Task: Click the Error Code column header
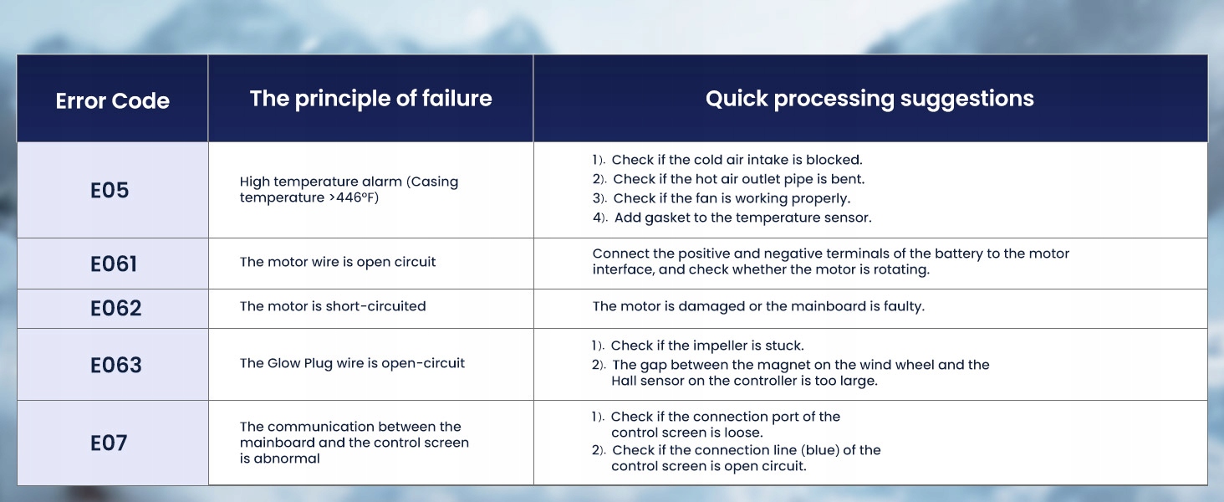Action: (113, 100)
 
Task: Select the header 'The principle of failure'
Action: (371, 99)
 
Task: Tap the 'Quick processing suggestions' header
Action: (870, 99)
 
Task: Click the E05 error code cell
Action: (110, 190)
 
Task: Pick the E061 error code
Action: (113, 264)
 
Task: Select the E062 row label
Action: (116, 309)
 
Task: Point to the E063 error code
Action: (116, 366)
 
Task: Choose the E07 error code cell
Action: (109, 443)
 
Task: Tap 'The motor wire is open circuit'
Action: (338, 262)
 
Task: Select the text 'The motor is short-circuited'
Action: (333, 306)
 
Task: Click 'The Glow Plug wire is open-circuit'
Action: (353, 363)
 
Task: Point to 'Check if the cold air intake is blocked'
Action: (737, 160)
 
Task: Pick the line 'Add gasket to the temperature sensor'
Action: (742, 218)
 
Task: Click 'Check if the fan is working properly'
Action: (732, 198)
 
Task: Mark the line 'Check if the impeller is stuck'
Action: (707, 346)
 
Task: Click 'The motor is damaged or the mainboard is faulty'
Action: (758, 306)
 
